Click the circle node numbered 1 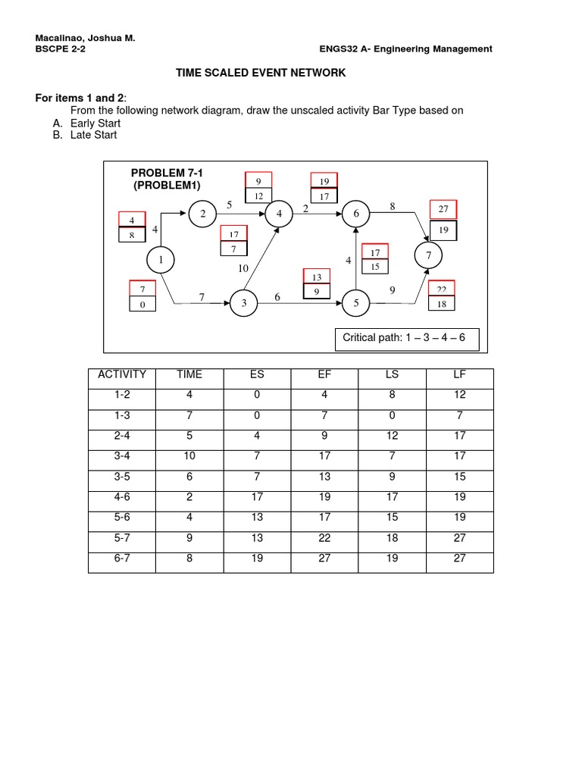[161, 261]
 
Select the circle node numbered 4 [279, 214]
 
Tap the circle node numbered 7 [429, 257]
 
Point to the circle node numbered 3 [244, 303]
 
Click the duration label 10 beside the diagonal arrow [242, 268]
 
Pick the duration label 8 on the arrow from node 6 [393, 205]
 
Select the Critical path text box [407, 338]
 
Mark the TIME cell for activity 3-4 [189, 456]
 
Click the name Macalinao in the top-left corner [61, 36]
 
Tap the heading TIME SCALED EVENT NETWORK [261, 73]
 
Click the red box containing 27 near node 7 [443, 209]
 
